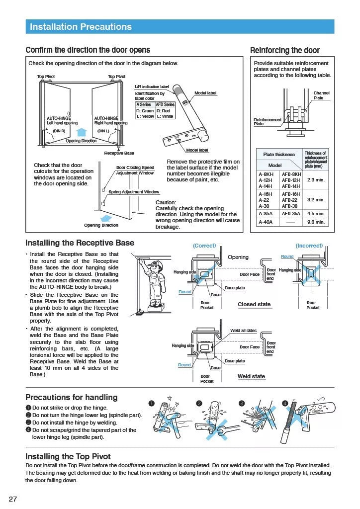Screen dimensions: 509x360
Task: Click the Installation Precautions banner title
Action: (x=81, y=27)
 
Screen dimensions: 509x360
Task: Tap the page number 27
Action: (x=13, y=499)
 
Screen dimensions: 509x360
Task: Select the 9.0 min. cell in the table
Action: (x=316, y=222)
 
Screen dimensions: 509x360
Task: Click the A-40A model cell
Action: (x=266, y=222)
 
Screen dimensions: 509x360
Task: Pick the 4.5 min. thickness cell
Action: (x=316, y=213)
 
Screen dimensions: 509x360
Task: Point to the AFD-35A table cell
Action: (x=291, y=213)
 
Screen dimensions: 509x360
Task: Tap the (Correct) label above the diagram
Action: (x=204, y=246)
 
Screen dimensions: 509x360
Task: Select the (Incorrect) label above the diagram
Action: (x=309, y=246)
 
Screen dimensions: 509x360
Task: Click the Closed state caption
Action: (x=254, y=304)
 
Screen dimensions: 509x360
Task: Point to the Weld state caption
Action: (x=251, y=376)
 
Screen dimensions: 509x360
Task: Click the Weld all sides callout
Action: (x=243, y=331)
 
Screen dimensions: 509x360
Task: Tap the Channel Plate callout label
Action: (x=321, y=95)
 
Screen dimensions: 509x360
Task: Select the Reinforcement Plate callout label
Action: (x=267, y=122)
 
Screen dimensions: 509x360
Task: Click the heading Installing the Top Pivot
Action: (x=68, y=456)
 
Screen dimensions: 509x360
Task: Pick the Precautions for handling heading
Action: (x=71, y=397)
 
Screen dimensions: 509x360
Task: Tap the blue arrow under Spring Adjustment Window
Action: (x=105, y=218)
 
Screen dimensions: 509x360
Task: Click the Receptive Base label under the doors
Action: (x=119, y=153)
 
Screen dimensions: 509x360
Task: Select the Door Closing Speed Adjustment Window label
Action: (x=135, y=170)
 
